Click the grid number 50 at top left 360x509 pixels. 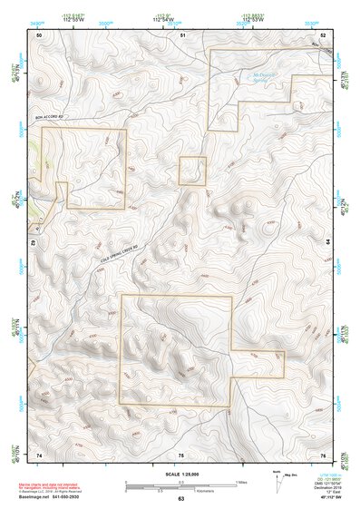point(39,34)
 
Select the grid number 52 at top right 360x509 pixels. point(324,34)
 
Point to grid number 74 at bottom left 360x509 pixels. point(39,454)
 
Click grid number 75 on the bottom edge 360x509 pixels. point(181,454)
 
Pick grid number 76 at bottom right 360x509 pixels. point(324,454)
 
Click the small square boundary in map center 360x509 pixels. point(191,171)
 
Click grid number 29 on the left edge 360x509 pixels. point(32,243)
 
